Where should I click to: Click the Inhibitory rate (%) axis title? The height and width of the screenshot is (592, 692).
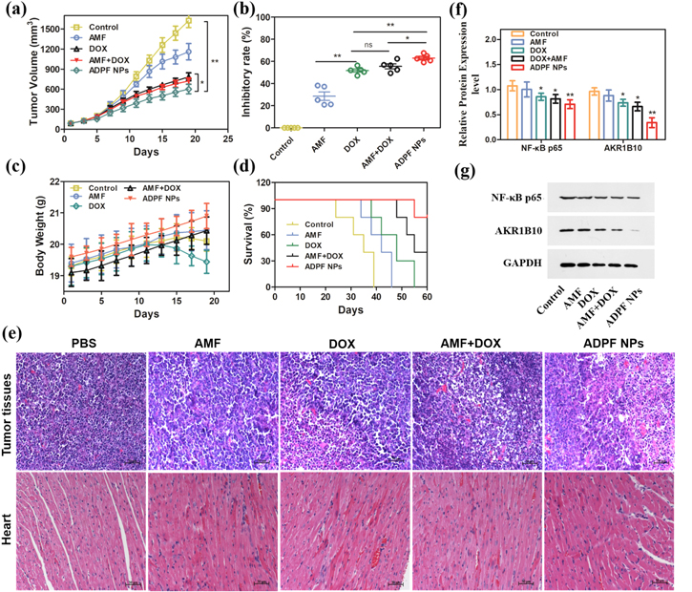(x=251, y=73)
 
